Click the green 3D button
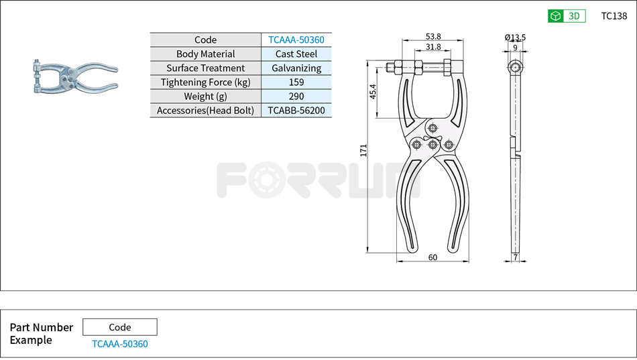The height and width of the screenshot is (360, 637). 567,16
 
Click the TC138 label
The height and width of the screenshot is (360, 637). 614,16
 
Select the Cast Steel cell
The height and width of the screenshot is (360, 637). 296,54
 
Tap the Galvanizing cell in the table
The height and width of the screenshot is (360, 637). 296,68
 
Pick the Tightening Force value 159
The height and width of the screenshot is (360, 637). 296,82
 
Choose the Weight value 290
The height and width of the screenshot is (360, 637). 296,97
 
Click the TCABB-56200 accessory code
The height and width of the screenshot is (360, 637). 296,111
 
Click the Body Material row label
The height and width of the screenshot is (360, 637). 205,54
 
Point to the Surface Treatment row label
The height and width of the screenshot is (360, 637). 205,68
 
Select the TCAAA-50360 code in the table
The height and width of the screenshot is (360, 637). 296,40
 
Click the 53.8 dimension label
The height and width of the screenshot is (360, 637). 433,36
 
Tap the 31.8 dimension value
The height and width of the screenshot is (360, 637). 433,47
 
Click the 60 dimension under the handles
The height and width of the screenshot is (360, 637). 432,257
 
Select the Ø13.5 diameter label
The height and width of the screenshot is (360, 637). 515,37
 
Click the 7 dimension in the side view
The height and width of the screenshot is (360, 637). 515,257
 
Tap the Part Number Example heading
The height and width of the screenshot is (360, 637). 41,333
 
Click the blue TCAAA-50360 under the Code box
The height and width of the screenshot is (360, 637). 119,344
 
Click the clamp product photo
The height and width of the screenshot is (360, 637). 73,78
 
